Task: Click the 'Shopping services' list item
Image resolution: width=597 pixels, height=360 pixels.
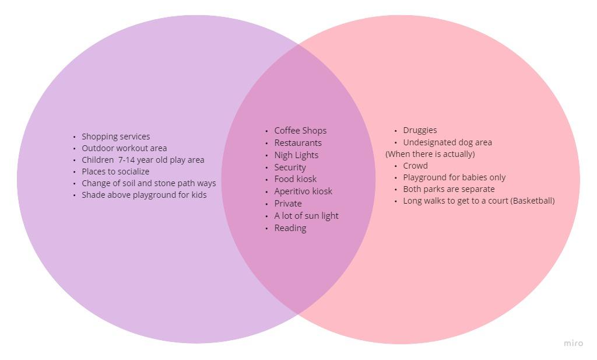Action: tap(115, 137)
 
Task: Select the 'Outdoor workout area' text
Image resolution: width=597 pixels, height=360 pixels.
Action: tap(124, 148)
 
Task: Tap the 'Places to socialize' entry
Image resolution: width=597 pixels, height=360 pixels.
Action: tap(115, 172)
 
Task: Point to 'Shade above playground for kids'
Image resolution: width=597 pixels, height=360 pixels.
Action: tap(143, 195)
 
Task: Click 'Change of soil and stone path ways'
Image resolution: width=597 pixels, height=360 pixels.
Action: tap(148, 183)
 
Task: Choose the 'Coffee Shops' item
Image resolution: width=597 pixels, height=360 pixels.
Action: tap(300, 131)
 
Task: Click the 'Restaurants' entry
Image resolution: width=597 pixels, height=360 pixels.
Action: tap(297, 143)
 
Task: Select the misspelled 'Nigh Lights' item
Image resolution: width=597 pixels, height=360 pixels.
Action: tap(296, 155)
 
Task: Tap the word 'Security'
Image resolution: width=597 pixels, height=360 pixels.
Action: tap(290, 167)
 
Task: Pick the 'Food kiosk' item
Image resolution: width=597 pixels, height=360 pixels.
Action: tap(295, 179)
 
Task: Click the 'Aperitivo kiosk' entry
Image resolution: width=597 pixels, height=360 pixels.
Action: tap(303, 191)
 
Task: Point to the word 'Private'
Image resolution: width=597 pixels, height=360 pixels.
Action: tap(287, 204)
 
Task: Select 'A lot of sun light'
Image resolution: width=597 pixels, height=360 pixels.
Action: tap(306, 216)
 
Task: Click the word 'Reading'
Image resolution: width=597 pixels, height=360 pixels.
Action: tap(290, 228)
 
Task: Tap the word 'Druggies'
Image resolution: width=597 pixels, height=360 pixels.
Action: tap(420, 130)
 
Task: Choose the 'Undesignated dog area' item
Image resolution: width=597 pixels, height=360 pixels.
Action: tap(447, 142)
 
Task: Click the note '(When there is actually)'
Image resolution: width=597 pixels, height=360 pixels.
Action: tap(430, 154)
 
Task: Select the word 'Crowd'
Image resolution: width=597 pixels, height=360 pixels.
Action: tap(415, 166)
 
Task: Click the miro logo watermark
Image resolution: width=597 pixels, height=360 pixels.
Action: tap(573, 343)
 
